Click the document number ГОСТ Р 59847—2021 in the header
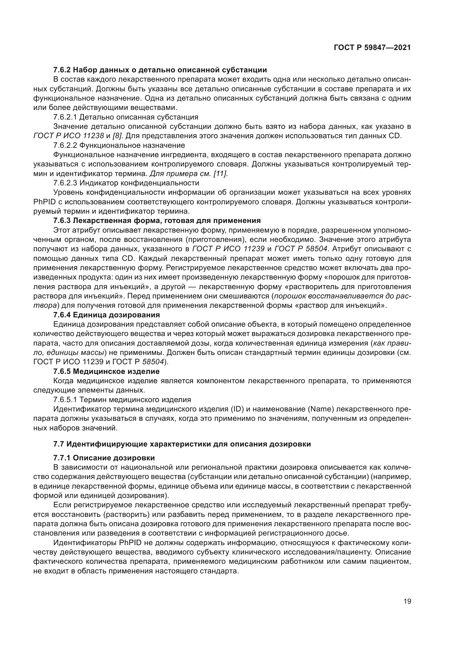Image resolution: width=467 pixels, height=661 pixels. point(372,48)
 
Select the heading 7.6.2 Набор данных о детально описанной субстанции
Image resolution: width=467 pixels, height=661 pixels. point(160,70)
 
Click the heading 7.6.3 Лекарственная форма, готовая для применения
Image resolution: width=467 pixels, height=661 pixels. point(157,221)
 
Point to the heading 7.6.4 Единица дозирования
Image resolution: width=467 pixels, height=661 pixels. point(106,315)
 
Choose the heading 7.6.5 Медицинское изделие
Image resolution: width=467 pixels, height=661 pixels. point(106,371)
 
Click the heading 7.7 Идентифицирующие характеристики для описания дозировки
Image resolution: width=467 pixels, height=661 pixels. point(182,444)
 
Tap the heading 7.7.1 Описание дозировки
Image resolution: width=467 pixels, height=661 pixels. point(104,458)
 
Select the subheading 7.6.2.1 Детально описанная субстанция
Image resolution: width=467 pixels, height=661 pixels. point(126,117)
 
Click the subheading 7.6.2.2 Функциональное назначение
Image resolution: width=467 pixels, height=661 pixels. point(119,145)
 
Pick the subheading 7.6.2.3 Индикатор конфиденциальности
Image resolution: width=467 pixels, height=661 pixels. point(126,183)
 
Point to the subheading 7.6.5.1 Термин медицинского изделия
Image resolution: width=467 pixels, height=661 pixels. point(122,400)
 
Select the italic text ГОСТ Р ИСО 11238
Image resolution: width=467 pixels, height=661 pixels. point(69,136)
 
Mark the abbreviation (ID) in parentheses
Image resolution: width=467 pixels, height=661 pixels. point(237,409)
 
